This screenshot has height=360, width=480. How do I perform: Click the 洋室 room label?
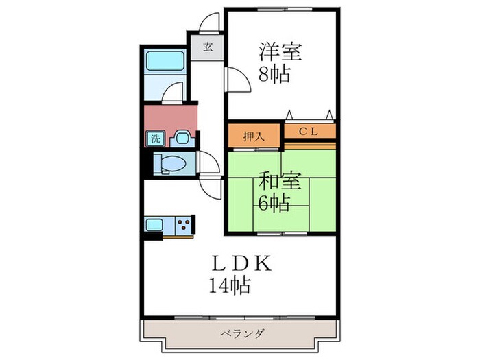coord(280,51)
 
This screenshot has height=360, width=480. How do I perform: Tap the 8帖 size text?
coord(274,73)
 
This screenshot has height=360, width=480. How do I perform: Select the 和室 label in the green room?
coord(280,181)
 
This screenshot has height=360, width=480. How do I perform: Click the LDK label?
coord(242,263)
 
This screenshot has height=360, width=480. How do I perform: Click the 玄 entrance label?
coord(208,49)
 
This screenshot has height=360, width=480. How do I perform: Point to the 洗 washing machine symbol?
coord(155,139)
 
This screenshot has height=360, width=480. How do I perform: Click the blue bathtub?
coord(165,64)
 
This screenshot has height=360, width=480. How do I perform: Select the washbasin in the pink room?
coord(181,137)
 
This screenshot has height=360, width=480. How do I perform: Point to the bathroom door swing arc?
coord(175,91)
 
